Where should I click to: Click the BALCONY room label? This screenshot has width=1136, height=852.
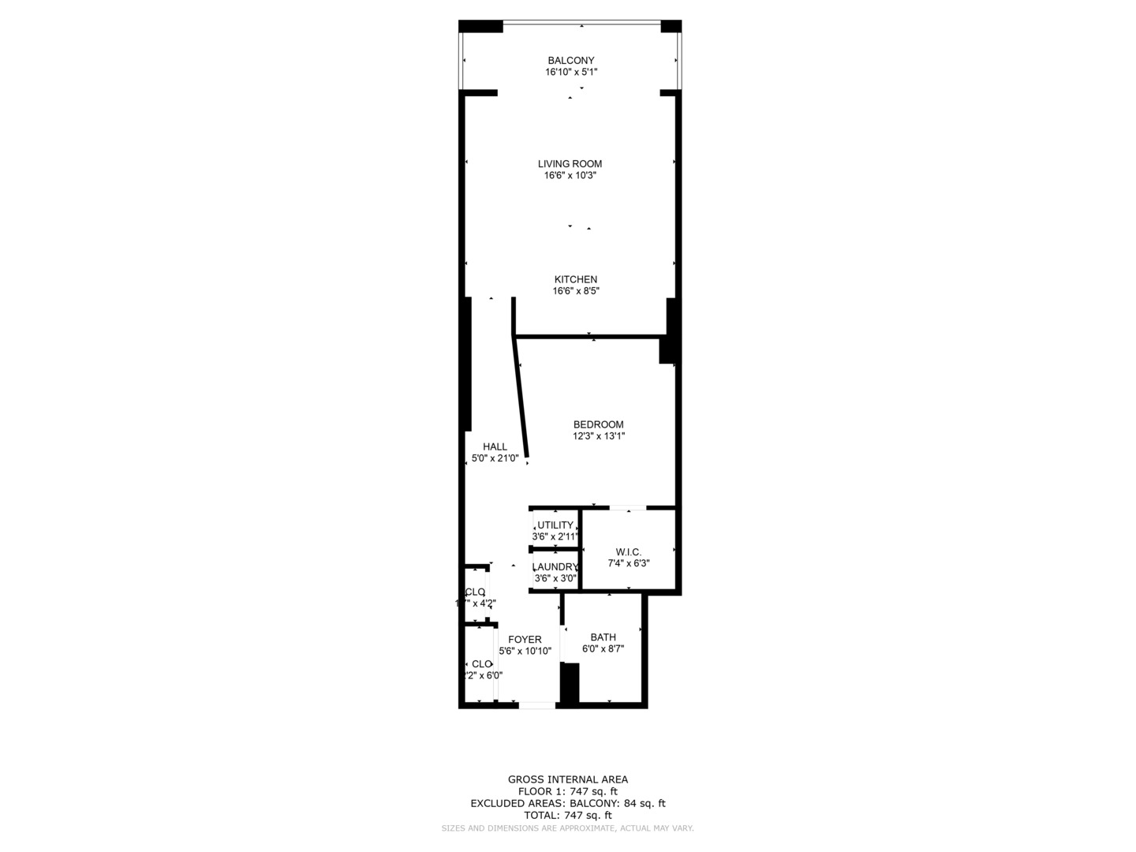tap(571, 61)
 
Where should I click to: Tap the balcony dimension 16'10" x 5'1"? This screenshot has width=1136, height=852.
tap(571, 72)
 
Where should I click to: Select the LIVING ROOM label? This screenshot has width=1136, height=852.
tap(570, 164)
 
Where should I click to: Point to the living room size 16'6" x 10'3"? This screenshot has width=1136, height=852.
tap(570, 175)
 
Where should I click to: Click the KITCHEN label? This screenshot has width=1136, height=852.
tap(576, 279)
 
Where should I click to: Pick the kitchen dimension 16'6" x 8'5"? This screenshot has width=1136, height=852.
tap(576, 290)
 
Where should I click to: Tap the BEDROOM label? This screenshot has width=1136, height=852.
tap(598, 424)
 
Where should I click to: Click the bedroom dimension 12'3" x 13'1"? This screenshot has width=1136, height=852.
tap(599, 435)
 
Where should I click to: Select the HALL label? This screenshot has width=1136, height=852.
tap(495, 447)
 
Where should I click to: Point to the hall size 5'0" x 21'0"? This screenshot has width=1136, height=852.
tap(495, 458)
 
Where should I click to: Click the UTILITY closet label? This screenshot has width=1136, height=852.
tap(555, 525)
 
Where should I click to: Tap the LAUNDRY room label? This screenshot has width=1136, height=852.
tap(555, 566)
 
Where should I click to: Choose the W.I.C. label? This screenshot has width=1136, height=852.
tap(628, 552)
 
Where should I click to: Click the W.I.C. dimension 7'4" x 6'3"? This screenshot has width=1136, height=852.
tap(628, 563)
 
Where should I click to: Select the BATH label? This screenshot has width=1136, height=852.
tap(603, 637)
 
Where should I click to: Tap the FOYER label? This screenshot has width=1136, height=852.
tap(525, 640)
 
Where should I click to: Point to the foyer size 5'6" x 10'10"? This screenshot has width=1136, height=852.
tap(525, 651)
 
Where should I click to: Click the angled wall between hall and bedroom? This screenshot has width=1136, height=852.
tap(521, 398)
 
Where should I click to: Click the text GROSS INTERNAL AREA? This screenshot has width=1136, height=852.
tap(568, 779)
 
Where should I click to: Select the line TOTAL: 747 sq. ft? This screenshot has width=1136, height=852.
tap(568, 815)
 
